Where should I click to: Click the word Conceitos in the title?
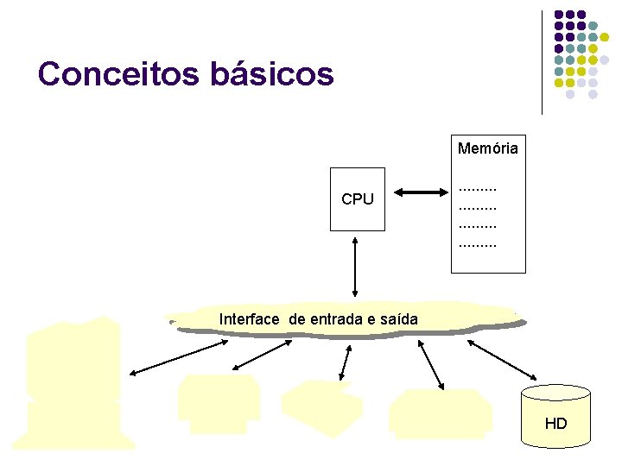117,74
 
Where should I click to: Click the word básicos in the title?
271,74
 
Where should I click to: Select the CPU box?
357,199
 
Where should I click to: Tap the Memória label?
488,148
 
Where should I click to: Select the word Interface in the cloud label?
250,319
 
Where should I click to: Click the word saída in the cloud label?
399,319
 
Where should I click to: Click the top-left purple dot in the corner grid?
559,15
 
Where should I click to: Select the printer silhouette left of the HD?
440,411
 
